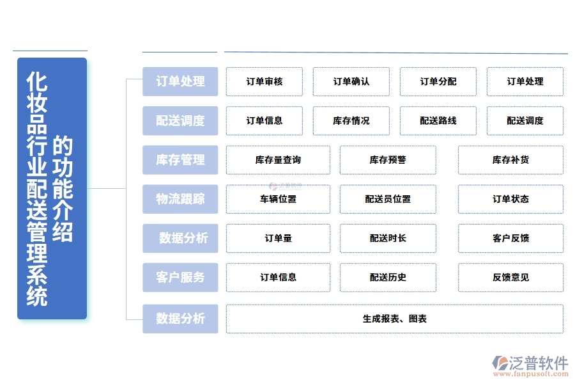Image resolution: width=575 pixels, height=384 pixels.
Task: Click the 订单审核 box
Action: tap(264, 82)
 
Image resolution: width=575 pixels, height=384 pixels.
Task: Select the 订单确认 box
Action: tap(351, 82)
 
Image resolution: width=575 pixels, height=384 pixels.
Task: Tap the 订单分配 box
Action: tap(438, 82)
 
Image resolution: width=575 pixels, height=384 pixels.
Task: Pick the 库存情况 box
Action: tap(351, 121)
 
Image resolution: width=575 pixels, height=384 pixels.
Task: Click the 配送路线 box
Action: tap(438, 121)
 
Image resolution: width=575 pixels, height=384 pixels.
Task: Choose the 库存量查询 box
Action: tap(278, 160)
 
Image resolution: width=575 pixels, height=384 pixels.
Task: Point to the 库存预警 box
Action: tap(388, 160)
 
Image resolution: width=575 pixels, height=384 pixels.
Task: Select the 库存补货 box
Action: tap(510, 160)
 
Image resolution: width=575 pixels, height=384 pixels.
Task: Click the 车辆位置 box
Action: tap(278, 199)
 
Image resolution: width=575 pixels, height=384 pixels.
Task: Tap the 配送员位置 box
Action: tap(388, 199)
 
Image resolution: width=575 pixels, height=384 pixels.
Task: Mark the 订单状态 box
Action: tap(510, 199)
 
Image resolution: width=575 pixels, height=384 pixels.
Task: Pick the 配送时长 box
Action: tap(388, 238)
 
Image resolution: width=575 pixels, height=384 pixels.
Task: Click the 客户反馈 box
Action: tap(510, 238)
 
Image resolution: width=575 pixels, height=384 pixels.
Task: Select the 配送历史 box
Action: tap(388, 277)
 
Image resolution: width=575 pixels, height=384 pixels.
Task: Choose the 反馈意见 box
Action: tap(510, 277)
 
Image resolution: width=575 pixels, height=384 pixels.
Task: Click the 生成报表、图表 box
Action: tap(394, 319)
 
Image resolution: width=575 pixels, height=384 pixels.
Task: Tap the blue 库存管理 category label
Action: tap(180, 160)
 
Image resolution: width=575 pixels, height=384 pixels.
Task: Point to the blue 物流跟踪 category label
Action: tap(180, 199)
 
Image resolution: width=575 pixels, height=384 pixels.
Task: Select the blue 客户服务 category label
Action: tap(180, 277)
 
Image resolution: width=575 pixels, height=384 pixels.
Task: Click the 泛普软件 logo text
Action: tap(538, 363)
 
